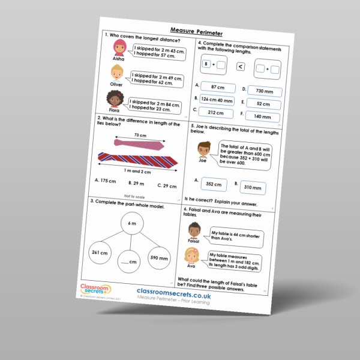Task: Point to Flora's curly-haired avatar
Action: point(113,100)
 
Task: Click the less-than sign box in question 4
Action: point(240,67)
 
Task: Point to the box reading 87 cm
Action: point(218,88)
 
